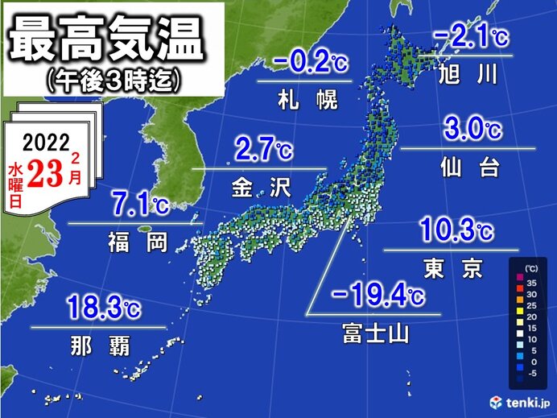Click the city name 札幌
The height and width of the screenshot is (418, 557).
(305, 101)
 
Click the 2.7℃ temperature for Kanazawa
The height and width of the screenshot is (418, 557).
(262, 150)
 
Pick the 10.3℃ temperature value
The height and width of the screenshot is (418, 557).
(456, 230)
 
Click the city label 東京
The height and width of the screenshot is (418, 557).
(455, 269)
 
